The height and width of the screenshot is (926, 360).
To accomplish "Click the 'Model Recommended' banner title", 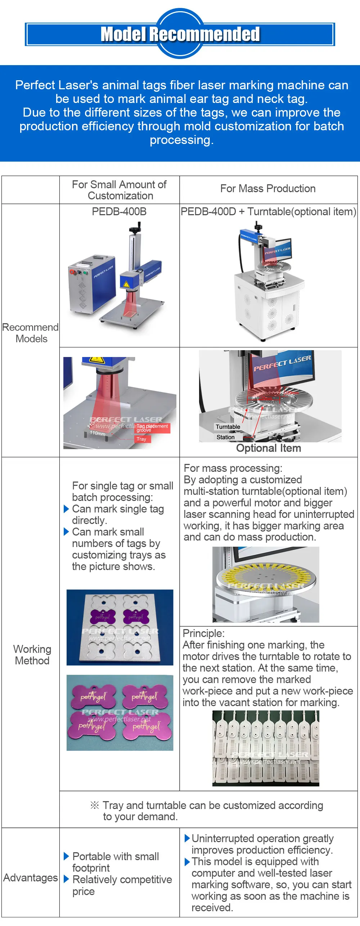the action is pyautogui.click(x=180, y=35).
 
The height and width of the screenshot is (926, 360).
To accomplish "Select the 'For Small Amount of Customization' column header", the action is pyautogui.click(x=119, y=190).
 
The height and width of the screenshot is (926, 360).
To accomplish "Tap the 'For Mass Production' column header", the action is pyautogui.click(x=268, y=189).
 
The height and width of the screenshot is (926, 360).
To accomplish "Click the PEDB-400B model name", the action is pyautogui.click(x=119, y=212).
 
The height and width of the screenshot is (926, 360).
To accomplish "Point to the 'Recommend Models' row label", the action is pyautogui.click(x=31, y=333).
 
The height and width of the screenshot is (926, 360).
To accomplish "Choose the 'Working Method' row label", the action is pyautogui.click(x=32, y=655).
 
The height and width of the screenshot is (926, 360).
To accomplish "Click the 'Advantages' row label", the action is pyautogui.click(x=31, y=878).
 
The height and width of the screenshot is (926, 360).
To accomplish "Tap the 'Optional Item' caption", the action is pyautogui.click(x=269, y=448).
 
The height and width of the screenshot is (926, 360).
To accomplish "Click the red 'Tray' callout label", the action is pyautogui.click(x=141, y=439).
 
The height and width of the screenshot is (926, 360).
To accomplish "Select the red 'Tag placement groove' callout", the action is pyautogui.click(x=151, y=428).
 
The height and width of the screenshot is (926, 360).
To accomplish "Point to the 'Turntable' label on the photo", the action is pyautogui.click(x=228, y=427).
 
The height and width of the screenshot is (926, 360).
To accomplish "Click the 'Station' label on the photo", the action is pyautogui.click(x=226, y=437).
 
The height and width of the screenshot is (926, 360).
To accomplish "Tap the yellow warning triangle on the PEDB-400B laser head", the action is pyautogui.click(x=126, y=284).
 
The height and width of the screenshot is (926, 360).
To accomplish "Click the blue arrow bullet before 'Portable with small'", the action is pyautogui.click(x=66, y=856).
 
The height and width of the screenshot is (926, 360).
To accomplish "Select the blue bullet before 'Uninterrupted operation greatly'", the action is pyautogui.click(x=187, y=839).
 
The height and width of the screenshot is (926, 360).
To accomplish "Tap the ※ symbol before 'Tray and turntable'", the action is pyautogui.click(x=95, y=805).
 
